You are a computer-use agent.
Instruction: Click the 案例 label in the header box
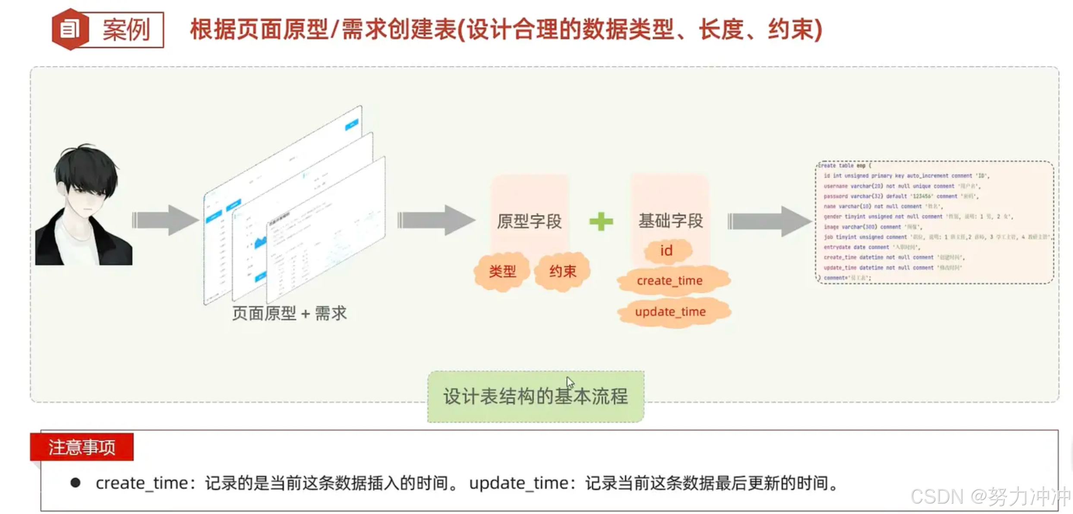click(x=126, y=29)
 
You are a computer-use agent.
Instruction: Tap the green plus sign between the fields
click(x=601, y=221)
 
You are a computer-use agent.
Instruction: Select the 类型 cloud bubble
click(x=502, y=271)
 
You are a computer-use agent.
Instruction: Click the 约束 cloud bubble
click(x=562, y=271)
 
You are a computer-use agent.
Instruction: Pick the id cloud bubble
click(x=666, y=251)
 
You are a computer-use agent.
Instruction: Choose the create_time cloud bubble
click(x=669, y=281)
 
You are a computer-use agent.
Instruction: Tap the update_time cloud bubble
click(x=670, y=312)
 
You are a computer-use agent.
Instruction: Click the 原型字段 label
click(x=529, y=221)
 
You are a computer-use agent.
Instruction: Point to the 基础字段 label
click(x=670, y=221)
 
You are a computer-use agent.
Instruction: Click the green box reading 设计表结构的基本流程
click(x=535, y=397)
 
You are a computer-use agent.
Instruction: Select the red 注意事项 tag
click(x=82, y=447)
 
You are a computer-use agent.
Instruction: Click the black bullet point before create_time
click(x=76, y=482)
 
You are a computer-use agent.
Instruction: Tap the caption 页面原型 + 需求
click(x=289, y=313)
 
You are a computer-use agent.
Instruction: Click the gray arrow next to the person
click(x=164, y=220)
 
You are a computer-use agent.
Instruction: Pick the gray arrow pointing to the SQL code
click(x=768, y=221)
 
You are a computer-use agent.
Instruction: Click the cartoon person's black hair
click(x=88, y=166)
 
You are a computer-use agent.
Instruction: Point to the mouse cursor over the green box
click(x=570, y=382)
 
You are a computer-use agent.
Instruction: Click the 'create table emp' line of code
click(x=844, y=166)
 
